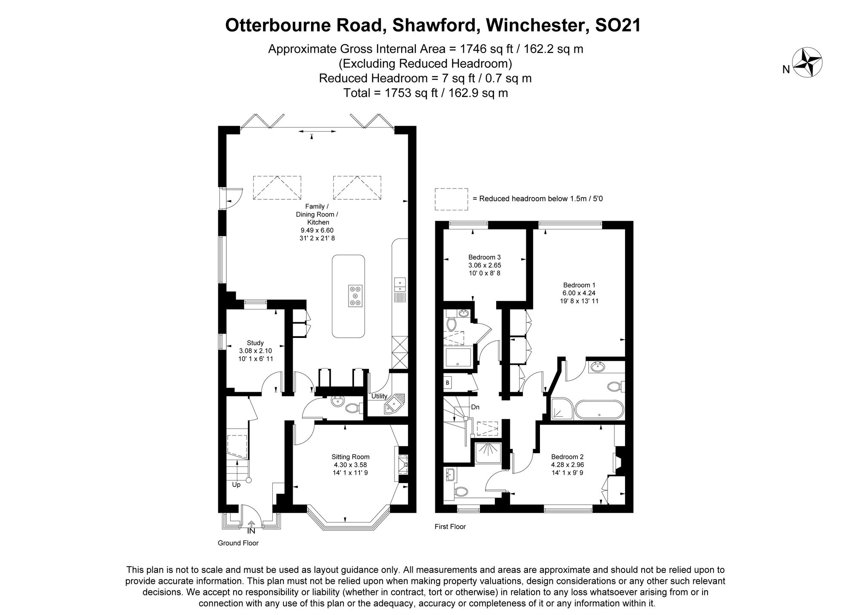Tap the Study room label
pyautogui.click(x=255, y=343)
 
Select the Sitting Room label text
pyautogui.click(x=350, y=457)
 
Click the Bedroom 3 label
pyautogui.click(x=484, y=257)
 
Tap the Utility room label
pyautogui.click(x=379, y=396)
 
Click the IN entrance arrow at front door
pyautogui.click(x=251, y=524)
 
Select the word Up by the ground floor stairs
pyautogui.click(x=236, y=484)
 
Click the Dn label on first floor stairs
pyautogui.click(x=475, y=407)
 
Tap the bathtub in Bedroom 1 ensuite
pyautogui.click(x=599, y=410)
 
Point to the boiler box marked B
pyautogui.click(x=448, y=383)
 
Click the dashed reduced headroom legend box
pyautogui.click(x=451, y=199)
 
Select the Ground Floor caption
pyautogui.click(x=238, y=543)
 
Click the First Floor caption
pyautogui.click(x=450, y=526)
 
